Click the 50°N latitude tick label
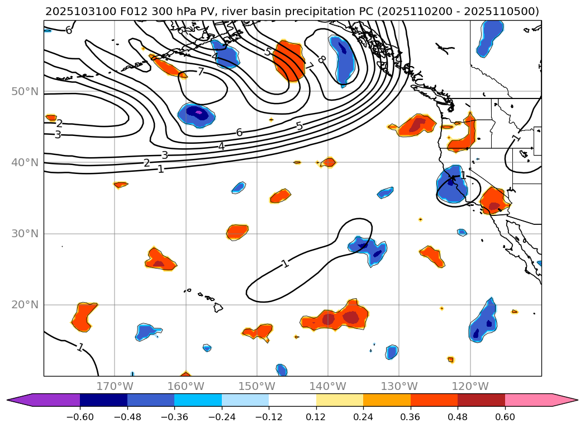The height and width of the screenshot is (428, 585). (x=25, y=92)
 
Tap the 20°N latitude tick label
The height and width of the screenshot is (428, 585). (x=25, y=305)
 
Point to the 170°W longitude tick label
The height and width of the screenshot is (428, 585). (x=115, y=386)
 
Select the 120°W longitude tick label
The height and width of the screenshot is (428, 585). (x=470, y=386)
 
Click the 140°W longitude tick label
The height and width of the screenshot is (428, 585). (x=328, y=386)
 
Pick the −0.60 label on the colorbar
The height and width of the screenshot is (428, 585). (x=80, y=417)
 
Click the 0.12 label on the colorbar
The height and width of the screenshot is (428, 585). (x=316, y=417)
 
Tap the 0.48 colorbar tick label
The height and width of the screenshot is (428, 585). (x=458, y=417)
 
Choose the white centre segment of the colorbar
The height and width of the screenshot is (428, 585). (x=292, y=400)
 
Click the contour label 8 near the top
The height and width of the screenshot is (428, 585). (x=321, y=59)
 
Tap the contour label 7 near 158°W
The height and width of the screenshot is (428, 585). (x=201, y=72)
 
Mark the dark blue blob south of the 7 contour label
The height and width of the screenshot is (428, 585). (x=197, y=114)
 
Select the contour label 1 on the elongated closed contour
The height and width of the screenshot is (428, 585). (x=285, y=263)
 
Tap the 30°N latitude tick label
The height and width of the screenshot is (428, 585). (x=25, y=234)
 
